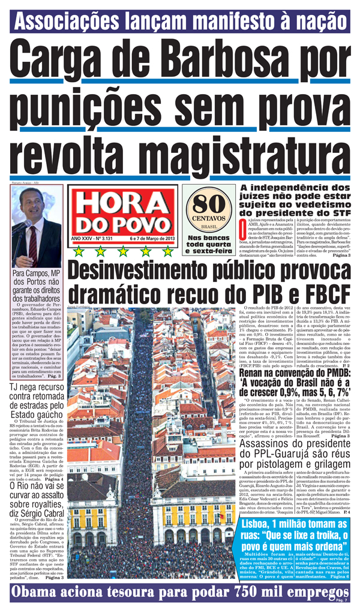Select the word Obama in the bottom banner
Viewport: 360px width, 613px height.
tap(38, 594)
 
